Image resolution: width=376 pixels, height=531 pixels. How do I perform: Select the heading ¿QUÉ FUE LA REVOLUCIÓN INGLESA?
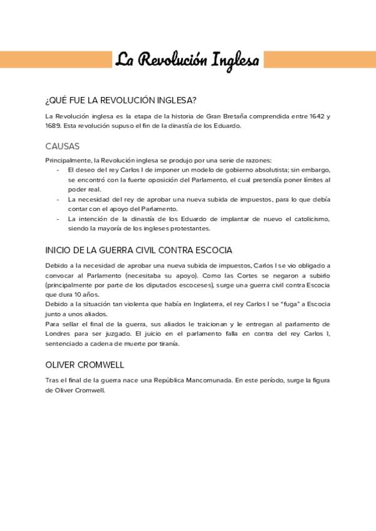point(121,100)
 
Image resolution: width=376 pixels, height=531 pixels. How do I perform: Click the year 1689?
point(53,125)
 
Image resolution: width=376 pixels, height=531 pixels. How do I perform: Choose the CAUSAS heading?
point(63,146)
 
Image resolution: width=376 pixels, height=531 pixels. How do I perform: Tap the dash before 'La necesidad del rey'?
point(58,199)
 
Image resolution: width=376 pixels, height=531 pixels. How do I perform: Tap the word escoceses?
point(194,285)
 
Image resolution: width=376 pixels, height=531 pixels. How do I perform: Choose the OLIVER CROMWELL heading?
point(85,365)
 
